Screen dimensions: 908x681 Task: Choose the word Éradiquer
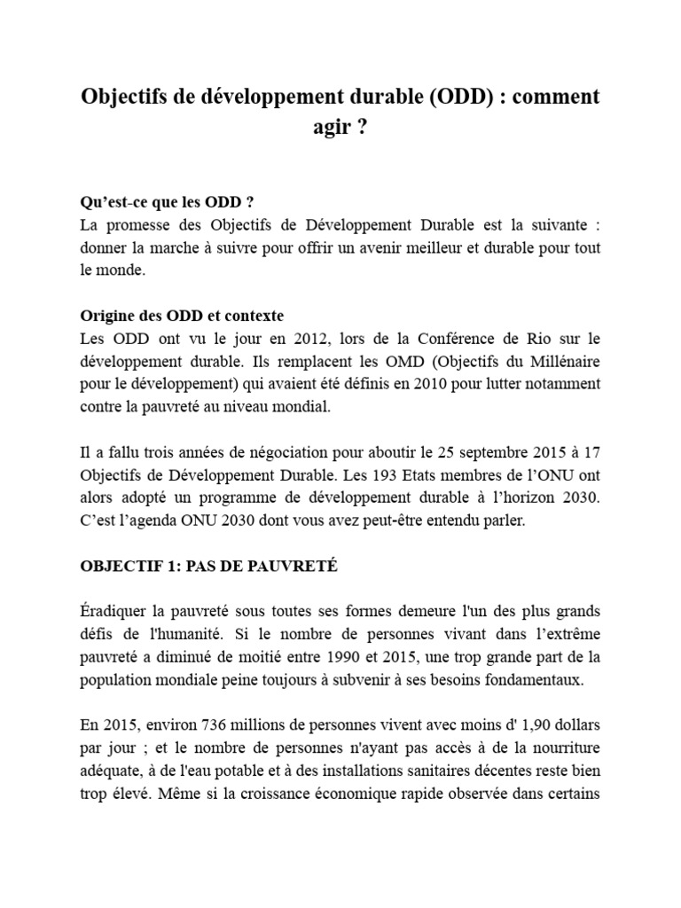[115, 612]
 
